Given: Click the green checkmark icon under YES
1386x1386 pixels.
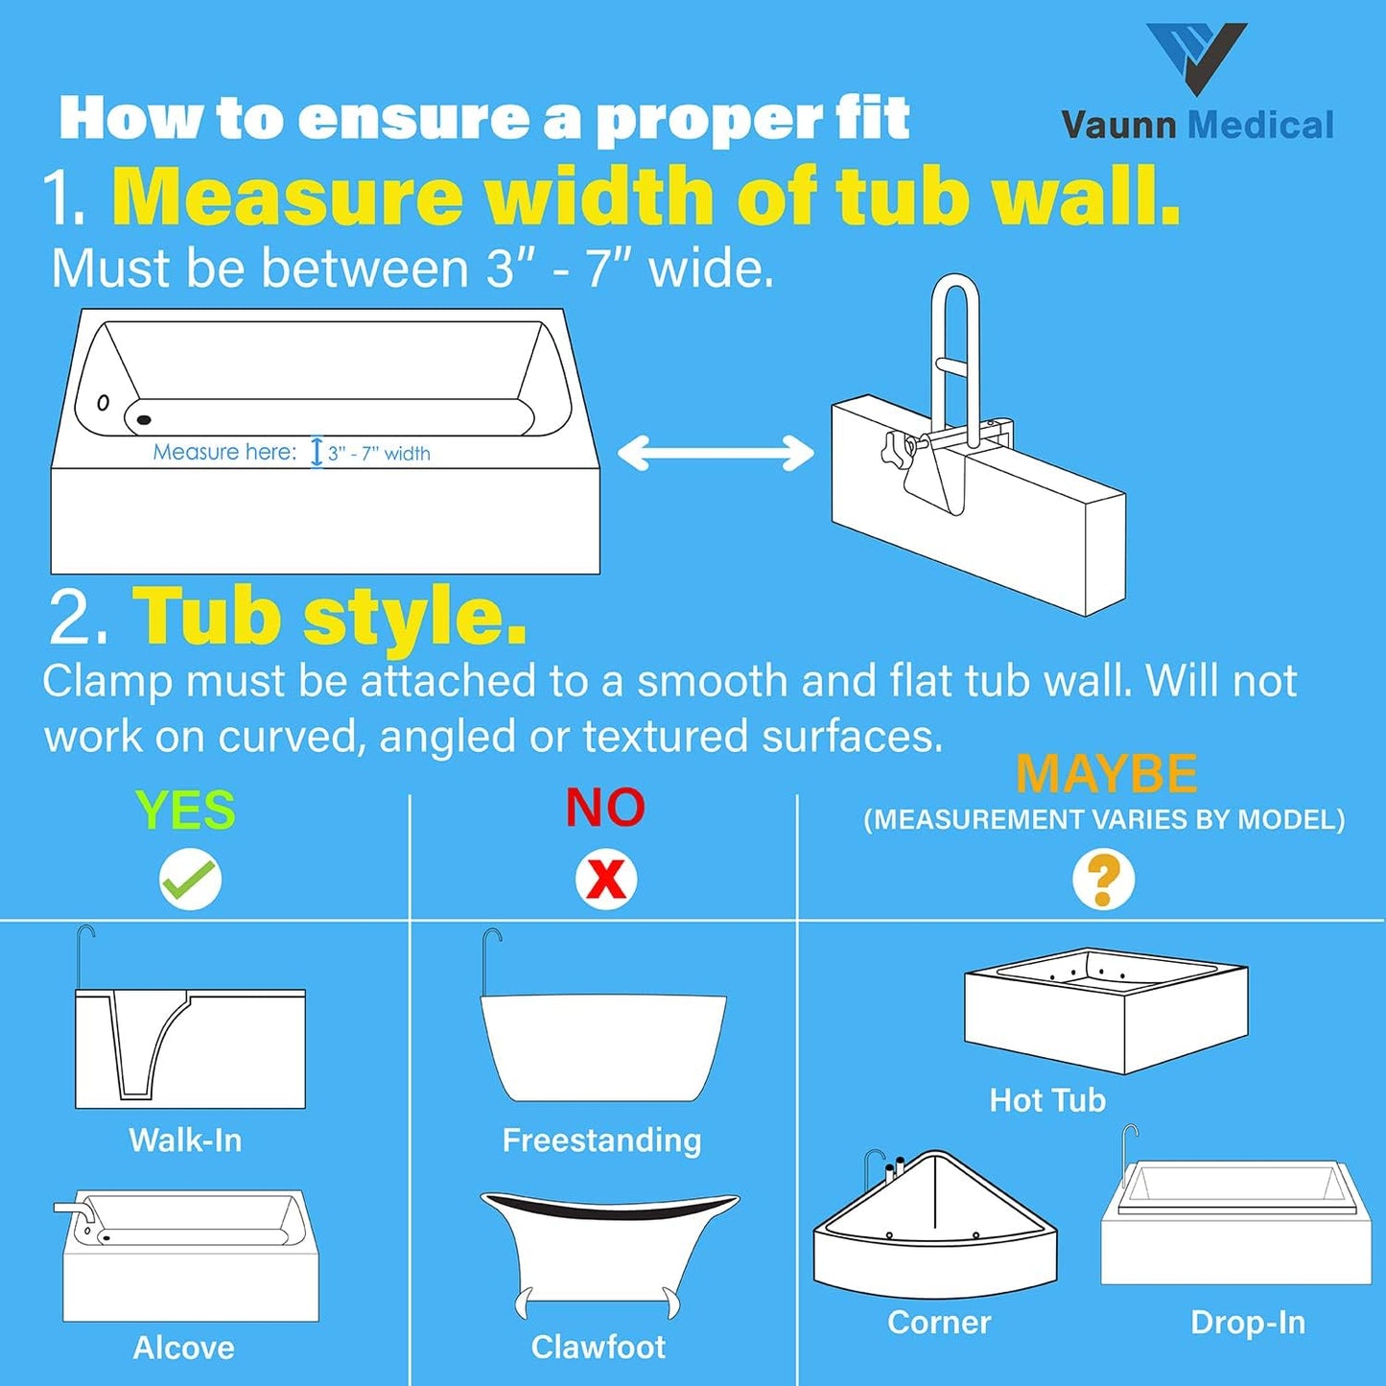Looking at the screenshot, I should pyautogui.click(x=190, y=880).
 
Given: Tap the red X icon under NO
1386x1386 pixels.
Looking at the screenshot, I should pyautogui.click(x=606, y=880).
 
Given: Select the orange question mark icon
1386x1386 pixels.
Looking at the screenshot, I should pyautogui.click(x=1103, y=880).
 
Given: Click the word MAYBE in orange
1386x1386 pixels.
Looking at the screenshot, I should pyautogui.click(x=1106, y=773).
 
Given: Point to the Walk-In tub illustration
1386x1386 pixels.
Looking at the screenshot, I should pyautogui.click(x=190, y=1047).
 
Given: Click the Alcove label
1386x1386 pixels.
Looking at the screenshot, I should pyautogui.click(x=183, y=1348).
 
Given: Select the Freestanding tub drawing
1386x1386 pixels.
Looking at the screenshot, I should pyautogui.click(x=603, y=1046).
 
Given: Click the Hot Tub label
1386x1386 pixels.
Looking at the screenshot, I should pyautogui.click(x=1047, y=1100).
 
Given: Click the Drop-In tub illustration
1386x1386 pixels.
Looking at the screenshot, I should pyautogui.click(x=1236, y=1223).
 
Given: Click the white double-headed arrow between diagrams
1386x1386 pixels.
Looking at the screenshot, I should pyautogui.click(x=716, y=453).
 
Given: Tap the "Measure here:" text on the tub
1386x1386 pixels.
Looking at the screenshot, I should pyautogui.click(x=224, y=452).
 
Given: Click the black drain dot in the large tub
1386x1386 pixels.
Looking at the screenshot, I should pyautogui.click(x=144, y=419).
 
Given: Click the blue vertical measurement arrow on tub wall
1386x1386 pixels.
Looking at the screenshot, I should pyautogui.click(x=317, y=452).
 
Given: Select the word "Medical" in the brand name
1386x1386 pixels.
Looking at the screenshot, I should pyautogui.click(x=1260, y=126).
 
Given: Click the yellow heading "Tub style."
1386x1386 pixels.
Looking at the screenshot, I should pyautogui.click(x=329, y=617).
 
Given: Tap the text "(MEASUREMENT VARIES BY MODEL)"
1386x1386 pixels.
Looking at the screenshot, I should pyautogui.click(x=1104, y=820).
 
